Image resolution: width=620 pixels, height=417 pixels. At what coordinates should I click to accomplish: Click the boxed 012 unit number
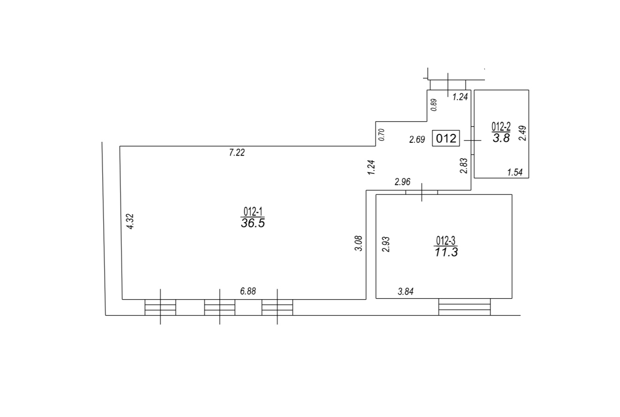tap(446, 138)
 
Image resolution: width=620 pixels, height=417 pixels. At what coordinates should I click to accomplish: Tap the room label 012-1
tap(253, 212)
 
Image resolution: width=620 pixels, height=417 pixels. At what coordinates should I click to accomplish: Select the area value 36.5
tap(253, 223)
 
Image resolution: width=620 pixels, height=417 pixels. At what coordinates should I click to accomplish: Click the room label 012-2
tap(501, 127)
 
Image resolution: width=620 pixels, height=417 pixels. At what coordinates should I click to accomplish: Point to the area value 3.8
tap(501, 138)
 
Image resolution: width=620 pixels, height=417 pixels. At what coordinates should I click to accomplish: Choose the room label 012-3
tap(446, 240)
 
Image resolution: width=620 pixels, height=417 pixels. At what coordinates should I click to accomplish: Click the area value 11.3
tap(446, 252)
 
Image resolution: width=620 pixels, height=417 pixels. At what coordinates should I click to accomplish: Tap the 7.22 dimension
tap(237, 153)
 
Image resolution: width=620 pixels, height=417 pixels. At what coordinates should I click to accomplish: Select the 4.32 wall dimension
tap(130, 221)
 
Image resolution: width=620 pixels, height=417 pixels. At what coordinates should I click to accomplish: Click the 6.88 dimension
tap(248, 291)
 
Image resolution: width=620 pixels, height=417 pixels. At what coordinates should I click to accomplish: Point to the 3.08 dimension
tap(358, 243)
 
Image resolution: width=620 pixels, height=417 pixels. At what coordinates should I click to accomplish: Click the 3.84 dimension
tap(406, 292)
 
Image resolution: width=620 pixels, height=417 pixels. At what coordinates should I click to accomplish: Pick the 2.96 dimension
tap(402, 182)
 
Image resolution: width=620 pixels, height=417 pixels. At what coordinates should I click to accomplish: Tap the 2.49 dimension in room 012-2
tap(522, 133)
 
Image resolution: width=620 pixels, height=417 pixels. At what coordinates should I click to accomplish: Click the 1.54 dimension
tap(515, 172)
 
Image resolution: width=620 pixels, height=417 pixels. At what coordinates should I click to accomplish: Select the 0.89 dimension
tap(434, 105)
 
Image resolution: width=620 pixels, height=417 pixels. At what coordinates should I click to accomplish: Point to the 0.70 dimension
tap(381, 135)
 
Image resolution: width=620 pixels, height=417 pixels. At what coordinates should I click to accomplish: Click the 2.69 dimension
tap(417, 139)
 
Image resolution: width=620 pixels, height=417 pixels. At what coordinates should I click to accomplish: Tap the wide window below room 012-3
tap(464, 307)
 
